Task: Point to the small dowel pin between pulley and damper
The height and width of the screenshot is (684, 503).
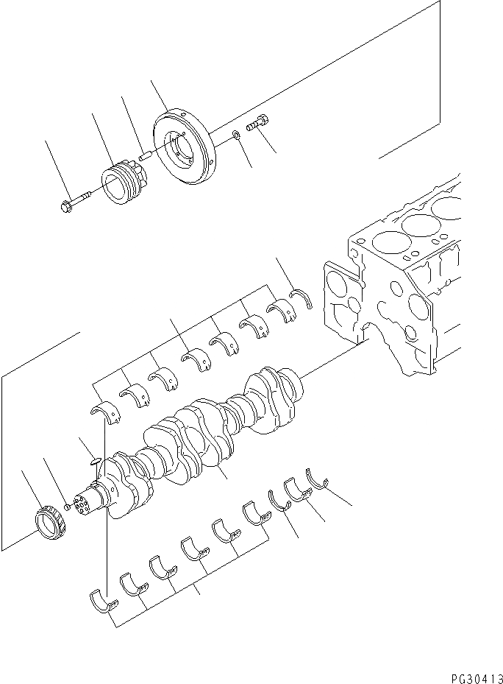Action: point(145,156)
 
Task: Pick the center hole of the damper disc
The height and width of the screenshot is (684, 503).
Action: point(181,150)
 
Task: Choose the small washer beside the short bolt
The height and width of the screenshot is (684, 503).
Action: point(235,135)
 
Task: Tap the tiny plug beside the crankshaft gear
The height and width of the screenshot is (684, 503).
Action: point(68,507)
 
